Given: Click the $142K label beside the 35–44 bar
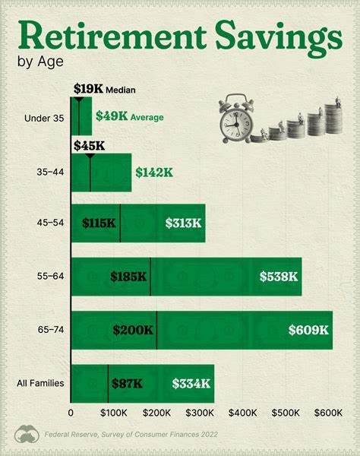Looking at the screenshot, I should coord(154,172).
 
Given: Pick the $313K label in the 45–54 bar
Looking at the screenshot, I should coord(183,223).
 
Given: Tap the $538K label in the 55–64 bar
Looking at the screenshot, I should coord(279,277).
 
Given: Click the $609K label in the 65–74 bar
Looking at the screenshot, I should coord(308,330).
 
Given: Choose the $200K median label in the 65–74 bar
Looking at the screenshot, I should coord(132,330).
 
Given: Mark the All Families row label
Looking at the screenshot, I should coord(41,384).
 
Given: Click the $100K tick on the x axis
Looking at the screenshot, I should coord(113,413).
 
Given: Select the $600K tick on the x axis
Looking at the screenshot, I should coord(329,413).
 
